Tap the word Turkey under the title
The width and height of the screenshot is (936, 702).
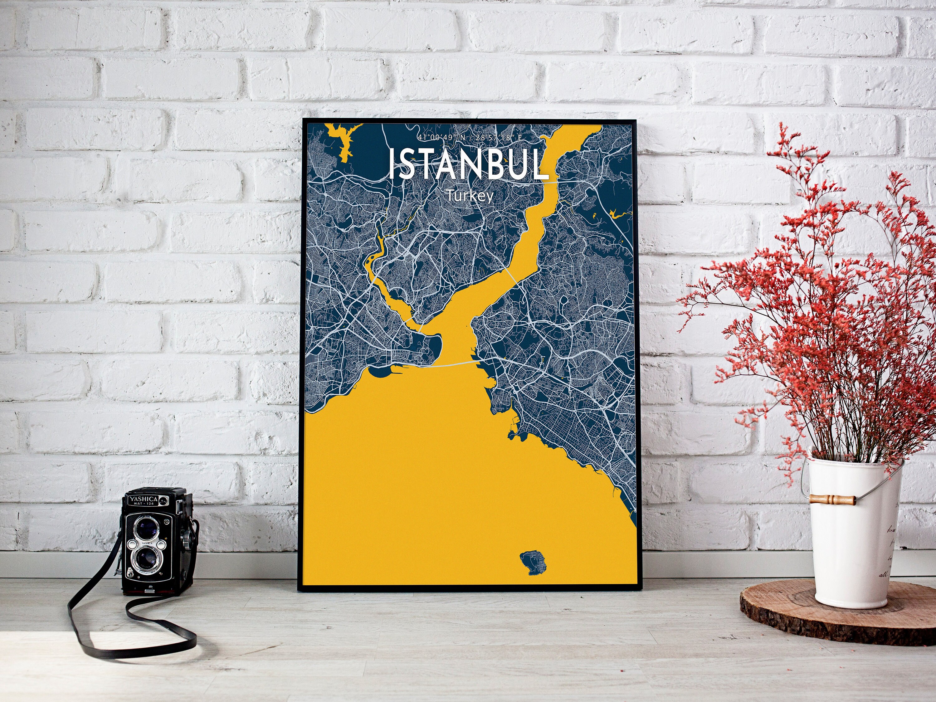pos(470,196)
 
